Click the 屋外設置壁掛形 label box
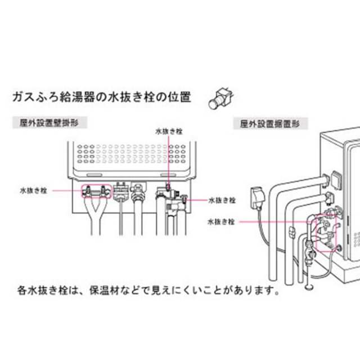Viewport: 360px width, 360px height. (x=49, y=123)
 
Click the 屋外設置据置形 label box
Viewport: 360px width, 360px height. (x=271, y=124)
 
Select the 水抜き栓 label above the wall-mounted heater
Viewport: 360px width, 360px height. (x=169, y=132)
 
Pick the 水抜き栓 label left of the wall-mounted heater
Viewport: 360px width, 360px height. (x=34, y=191)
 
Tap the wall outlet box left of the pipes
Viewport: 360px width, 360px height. (x=257, y=198)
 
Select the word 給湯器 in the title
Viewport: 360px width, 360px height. (x=77, y=97)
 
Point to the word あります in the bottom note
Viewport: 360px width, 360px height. (x=249, y=290)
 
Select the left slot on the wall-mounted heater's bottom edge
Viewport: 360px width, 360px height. (x=94, y=175)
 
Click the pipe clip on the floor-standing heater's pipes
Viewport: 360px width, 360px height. (x=291, y=232)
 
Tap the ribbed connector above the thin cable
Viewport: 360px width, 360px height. (x=121, y=192)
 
